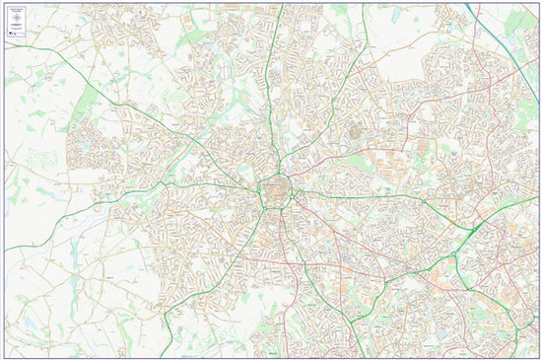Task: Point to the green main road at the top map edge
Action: (282, 8)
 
